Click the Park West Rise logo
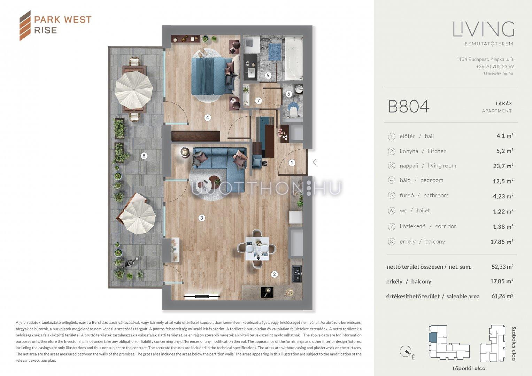click(55, 25)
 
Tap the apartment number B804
click(409, 106)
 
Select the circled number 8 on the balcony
click(144, 156)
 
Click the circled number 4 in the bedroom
click(208, 117)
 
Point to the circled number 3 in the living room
click(202, 218)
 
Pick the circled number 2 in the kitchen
click(274, 274)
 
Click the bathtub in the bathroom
click(294, 58)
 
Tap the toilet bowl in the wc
click(294, 111)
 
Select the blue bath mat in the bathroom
click(275, 52)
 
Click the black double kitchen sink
click(296, 274)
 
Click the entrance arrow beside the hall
click(314, 162)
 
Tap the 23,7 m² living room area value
click(503, 166)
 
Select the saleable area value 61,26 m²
click(502, 296)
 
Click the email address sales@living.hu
click(498, 73)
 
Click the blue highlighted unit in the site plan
click(433, 337)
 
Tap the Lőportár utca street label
click(469, 369)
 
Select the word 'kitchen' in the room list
click(437, 151)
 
